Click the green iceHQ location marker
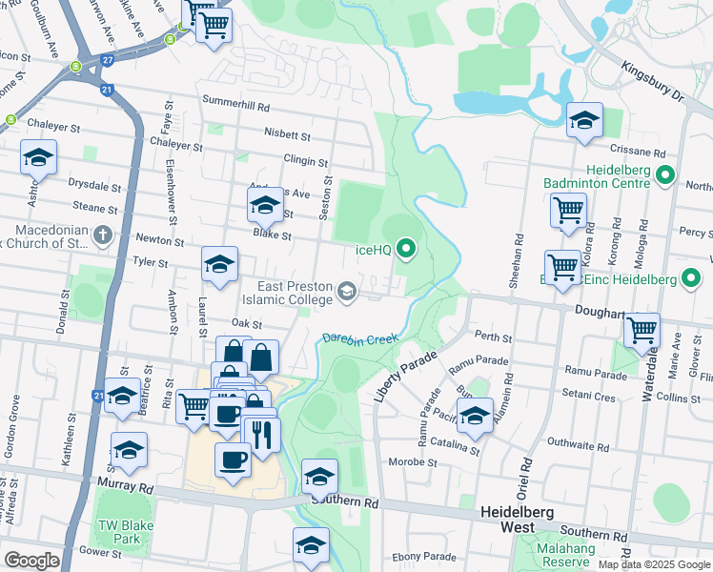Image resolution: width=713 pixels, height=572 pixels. pos(407,250)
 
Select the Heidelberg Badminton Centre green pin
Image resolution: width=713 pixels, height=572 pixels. pos(665,176)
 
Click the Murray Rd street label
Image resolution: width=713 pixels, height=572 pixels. pos(125,487)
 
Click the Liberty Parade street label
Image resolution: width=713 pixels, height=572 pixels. pos(404,376)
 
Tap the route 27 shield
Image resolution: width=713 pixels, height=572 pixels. pos(108,59)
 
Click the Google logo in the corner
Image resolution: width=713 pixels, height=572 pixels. pos(31,561)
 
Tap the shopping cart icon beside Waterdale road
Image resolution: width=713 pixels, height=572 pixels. pos(642,330)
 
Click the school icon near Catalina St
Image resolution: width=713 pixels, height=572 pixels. pos(475,415)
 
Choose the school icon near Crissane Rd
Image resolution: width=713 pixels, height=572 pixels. pos(584,119)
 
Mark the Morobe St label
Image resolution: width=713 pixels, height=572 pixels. pos(413,463)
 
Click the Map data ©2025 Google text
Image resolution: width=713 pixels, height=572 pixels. pos(655,564)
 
